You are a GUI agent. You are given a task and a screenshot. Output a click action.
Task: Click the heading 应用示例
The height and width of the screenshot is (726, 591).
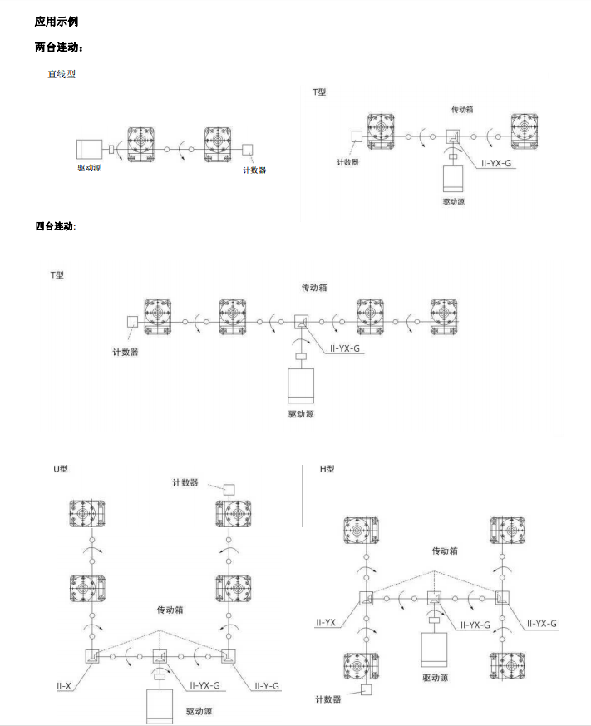57,22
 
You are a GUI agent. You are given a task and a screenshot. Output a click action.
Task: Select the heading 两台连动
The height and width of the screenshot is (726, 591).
59,47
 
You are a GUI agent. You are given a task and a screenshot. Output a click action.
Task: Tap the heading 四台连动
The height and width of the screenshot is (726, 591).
55,226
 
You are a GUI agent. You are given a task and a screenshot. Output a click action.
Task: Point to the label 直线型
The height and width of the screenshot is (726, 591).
62,74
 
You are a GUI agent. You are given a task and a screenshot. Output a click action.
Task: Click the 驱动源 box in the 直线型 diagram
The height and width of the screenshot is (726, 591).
89,149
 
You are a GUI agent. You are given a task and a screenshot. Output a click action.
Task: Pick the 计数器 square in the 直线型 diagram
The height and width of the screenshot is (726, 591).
248,150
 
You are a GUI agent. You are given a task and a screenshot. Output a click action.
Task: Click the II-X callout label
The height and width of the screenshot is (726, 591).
64,686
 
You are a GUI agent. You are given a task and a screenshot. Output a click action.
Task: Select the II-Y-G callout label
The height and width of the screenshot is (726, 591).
267,686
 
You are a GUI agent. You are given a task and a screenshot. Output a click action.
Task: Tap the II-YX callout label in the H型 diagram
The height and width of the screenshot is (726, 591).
325,623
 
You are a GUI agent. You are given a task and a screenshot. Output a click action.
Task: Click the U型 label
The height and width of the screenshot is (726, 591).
61,469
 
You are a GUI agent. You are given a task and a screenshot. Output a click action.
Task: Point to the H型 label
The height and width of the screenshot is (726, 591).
327,469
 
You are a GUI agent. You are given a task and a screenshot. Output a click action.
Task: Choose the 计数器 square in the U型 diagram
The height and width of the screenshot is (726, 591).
229,489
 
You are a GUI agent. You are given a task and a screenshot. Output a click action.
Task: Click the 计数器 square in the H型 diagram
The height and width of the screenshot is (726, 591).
366,690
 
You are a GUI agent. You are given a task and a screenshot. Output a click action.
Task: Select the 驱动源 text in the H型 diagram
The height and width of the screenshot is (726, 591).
435,678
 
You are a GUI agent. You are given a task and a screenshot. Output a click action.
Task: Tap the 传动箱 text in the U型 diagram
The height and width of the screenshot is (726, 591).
170,610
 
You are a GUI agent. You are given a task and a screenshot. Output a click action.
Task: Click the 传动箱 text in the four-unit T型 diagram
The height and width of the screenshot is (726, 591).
314,288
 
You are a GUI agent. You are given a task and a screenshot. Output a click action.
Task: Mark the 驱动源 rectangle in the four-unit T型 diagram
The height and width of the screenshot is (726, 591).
301,386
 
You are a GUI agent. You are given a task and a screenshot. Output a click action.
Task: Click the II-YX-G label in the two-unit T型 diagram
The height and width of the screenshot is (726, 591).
496,163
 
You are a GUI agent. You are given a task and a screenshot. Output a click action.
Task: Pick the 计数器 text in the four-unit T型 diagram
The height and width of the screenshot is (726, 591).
126,353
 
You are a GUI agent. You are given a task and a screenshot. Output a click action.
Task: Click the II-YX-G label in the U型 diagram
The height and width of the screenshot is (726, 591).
204,685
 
